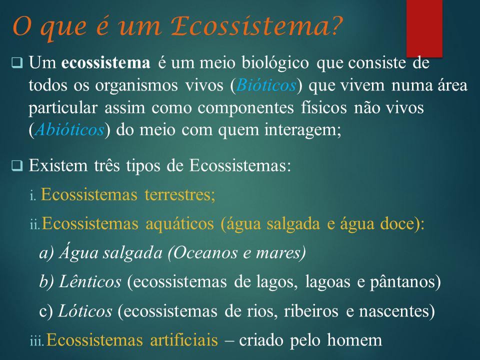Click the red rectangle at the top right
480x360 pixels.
(x=424, y=28)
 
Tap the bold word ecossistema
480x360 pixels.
(x=105, y=62)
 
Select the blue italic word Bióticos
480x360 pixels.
(x=266, y=85)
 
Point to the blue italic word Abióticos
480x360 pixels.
(x=69, y=129)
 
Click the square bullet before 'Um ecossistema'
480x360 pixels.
(x=17, y=63)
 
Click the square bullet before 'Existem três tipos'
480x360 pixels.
(x=17, y=165)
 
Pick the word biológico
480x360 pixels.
(x=275, y=63)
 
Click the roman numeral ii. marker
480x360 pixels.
(x=34, y=224)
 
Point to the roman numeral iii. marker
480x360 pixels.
(x=37, y=341)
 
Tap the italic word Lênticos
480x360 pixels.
(x=90, y=281)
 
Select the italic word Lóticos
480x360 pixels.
(x=85, y=311)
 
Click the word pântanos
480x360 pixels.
(x=402, y=282)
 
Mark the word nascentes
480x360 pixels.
(x=393, y=311)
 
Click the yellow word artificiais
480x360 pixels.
(x=184, y=340)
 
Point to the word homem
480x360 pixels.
(x=354, y=340)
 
